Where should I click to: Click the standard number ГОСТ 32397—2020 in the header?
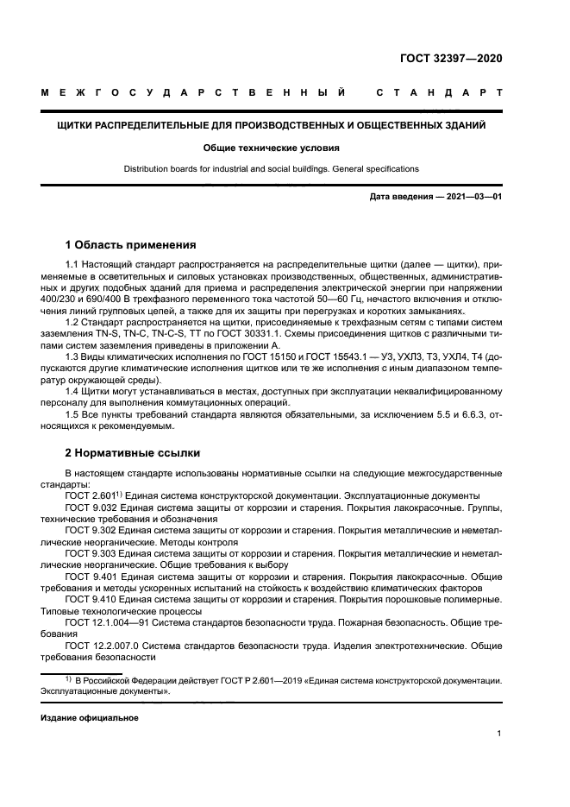[x=451, y=59]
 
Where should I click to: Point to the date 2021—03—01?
[x=473, y=197]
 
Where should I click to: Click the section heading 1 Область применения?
[x=131, y=244]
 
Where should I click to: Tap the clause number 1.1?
[x=73, y=263]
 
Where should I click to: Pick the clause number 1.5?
[x=73, y=414]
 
